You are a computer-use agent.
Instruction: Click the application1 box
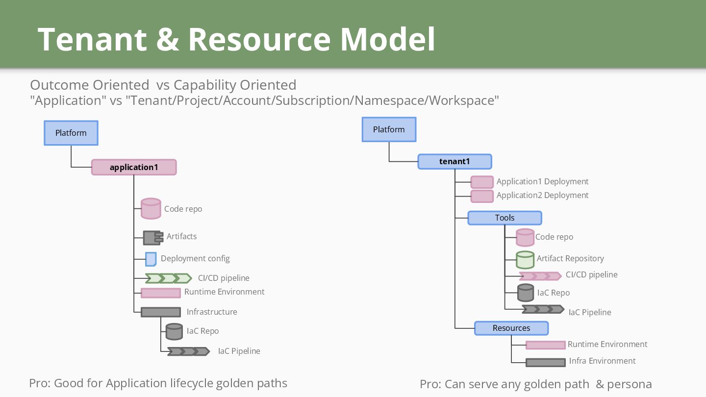[x=134, y=167]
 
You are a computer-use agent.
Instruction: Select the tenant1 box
[x=454, y=161]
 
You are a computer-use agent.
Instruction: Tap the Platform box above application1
[x=71, y=133]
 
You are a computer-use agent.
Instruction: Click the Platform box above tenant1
[x=389, y=129]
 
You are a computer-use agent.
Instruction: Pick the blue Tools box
[x=504, y=218]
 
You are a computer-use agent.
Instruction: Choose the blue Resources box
[x=511, y=328]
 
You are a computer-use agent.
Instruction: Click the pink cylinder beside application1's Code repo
[x=151, y=208]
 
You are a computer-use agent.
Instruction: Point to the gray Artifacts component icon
[x=153, y=238]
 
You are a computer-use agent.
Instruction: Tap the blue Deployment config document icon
[x=151, y=259]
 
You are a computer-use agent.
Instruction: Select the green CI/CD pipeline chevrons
[x=169, y=278]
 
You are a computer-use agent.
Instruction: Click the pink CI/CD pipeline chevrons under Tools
[x=540, y=276]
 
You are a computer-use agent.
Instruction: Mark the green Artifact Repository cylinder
[x=525, y=260]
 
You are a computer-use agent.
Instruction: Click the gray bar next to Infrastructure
[x=161, y=312]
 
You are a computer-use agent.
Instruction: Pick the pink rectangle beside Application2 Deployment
[x=482, y=196]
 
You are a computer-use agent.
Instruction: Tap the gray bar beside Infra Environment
[x=546, y=363]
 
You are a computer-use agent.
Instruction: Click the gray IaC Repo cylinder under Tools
[x=526, y=293]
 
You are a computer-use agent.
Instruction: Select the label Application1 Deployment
[x=542, y=181]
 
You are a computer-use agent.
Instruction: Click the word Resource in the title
[x=260, y=39]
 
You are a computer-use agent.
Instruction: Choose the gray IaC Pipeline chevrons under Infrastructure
[x=189, y=351]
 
